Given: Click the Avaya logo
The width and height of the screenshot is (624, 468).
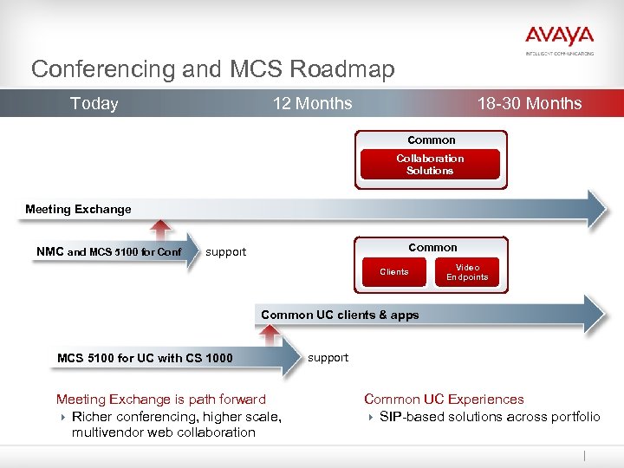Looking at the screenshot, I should pos(559,37).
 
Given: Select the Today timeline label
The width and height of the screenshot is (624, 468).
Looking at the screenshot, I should pos(94,104).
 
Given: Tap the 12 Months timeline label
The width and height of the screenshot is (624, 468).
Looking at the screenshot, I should pos(312,104).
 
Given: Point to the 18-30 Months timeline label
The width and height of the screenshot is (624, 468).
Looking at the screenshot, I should pos(530,104).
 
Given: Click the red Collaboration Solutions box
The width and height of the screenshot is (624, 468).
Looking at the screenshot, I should pos(430,165).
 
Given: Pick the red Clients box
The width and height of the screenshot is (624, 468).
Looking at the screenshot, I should pos(394,272).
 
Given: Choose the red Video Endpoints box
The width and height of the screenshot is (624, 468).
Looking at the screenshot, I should pos(467,272).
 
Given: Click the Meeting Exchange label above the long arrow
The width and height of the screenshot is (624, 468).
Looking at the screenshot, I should pos(78,209).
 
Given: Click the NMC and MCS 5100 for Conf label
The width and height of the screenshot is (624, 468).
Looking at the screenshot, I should pos(109,252).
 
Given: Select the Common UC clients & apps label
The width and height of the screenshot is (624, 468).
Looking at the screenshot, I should pos(340,315).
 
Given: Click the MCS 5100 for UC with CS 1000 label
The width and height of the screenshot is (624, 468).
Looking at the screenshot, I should pos(145,358).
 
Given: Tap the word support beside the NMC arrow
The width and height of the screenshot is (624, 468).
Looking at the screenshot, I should pos(225,252).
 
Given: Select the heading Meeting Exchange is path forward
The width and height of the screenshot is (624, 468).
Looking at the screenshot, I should pos(161,400).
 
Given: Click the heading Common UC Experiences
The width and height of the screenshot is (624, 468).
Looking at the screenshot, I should pos(444,400).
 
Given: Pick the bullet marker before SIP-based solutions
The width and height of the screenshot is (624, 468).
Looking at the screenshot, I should pos(370,417).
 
